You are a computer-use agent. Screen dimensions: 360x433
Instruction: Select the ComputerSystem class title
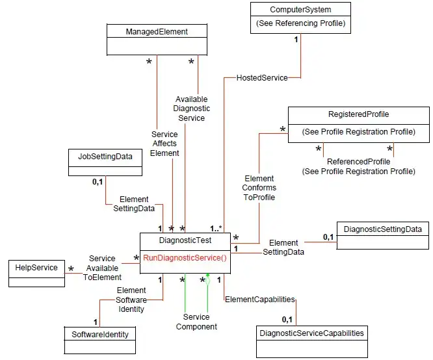(300, 10)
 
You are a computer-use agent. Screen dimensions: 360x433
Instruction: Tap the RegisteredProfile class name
(358, 114)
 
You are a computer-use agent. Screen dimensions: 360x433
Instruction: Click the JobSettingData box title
(105, 156)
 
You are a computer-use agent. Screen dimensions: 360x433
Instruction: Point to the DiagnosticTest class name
(185, 241)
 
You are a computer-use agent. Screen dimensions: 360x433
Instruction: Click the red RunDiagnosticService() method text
(185, 257)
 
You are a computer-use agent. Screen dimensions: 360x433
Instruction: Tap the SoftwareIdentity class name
(100, 334)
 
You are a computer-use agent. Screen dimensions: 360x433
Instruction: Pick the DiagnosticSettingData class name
(382, 229)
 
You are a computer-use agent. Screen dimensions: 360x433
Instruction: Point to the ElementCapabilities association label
(259, 300)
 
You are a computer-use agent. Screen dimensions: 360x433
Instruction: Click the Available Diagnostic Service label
(191, 109)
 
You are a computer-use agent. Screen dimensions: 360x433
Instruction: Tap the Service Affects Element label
(164, 144)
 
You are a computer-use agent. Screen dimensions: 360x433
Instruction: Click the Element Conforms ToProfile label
(259, 187)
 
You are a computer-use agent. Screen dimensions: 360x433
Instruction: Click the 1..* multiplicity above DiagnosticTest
(216, 228)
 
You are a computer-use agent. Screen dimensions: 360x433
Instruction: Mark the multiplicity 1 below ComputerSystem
(296, 40)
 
